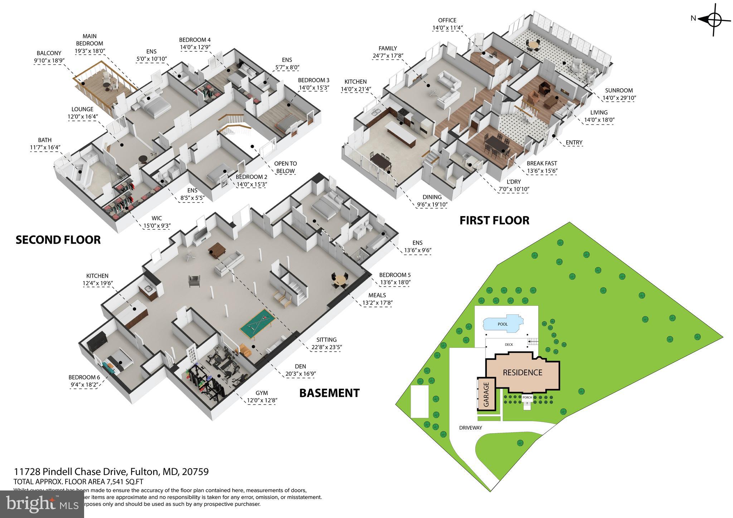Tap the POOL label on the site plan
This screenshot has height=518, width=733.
pos(503,324)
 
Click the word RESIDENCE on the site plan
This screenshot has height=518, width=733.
pos(523,373)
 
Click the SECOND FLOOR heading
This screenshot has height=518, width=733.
pos(58,240)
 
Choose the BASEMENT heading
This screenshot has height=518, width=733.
pos(329,393)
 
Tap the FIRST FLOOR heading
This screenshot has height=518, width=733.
pos(494,220)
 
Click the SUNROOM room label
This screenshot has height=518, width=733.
pos(619,91)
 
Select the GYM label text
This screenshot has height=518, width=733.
pos(262,393)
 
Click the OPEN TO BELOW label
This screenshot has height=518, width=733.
pos(285,167)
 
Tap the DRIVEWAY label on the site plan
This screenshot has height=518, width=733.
pos(471,428)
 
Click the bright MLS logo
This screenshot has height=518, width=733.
pos(42,504)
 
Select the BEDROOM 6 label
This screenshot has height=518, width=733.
pos(84,377)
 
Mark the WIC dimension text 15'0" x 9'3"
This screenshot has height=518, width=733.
pos(157,226)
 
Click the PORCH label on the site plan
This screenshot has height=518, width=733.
pos(527,397)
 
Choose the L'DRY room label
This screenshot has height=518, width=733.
pos(514,182)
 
